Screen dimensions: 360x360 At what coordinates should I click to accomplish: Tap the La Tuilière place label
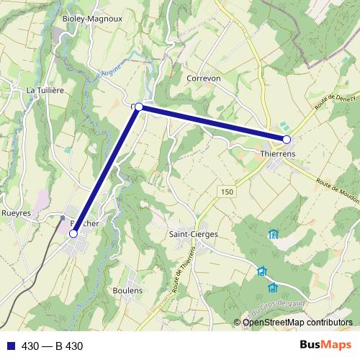45,90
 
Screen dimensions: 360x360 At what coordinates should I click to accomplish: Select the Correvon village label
203,78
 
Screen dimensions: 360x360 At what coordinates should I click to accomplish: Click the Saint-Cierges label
193,234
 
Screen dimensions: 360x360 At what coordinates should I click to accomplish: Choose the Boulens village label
127,290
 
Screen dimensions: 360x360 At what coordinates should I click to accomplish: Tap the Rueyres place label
17,213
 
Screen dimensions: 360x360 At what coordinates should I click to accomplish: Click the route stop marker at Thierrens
287,139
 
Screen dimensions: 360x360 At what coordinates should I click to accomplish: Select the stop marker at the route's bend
138,107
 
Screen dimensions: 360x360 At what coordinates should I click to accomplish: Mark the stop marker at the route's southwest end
73,233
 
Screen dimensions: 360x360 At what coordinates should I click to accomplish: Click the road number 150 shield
228,192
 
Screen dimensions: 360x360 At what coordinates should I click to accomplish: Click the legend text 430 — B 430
53,346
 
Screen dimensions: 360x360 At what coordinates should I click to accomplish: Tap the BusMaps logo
325,345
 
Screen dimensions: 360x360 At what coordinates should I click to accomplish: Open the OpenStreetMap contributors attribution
297,323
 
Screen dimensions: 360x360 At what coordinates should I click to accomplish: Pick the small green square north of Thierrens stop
282,126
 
